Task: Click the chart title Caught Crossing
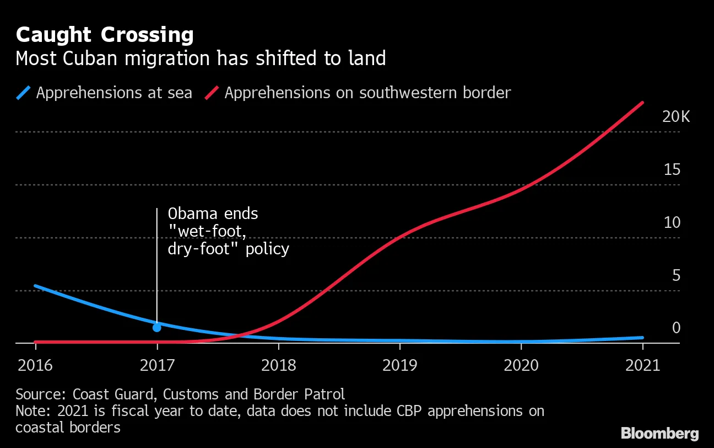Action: [105, 35]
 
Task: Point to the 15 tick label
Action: [672, 169]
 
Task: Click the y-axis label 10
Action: [672, 222]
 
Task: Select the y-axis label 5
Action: [677, 275]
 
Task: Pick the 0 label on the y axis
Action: [677, 328]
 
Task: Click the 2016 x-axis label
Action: [36, 366]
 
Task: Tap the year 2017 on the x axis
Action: [157, 366]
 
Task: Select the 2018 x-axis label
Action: [279, 366]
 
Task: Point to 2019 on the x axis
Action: [400, 366]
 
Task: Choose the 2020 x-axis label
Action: [521, 366]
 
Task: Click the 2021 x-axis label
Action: [642, 366]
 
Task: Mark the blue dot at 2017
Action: [157, 327]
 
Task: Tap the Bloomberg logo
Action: [659, 433]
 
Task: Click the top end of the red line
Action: [642, 103]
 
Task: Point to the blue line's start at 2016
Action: [36, 286]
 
